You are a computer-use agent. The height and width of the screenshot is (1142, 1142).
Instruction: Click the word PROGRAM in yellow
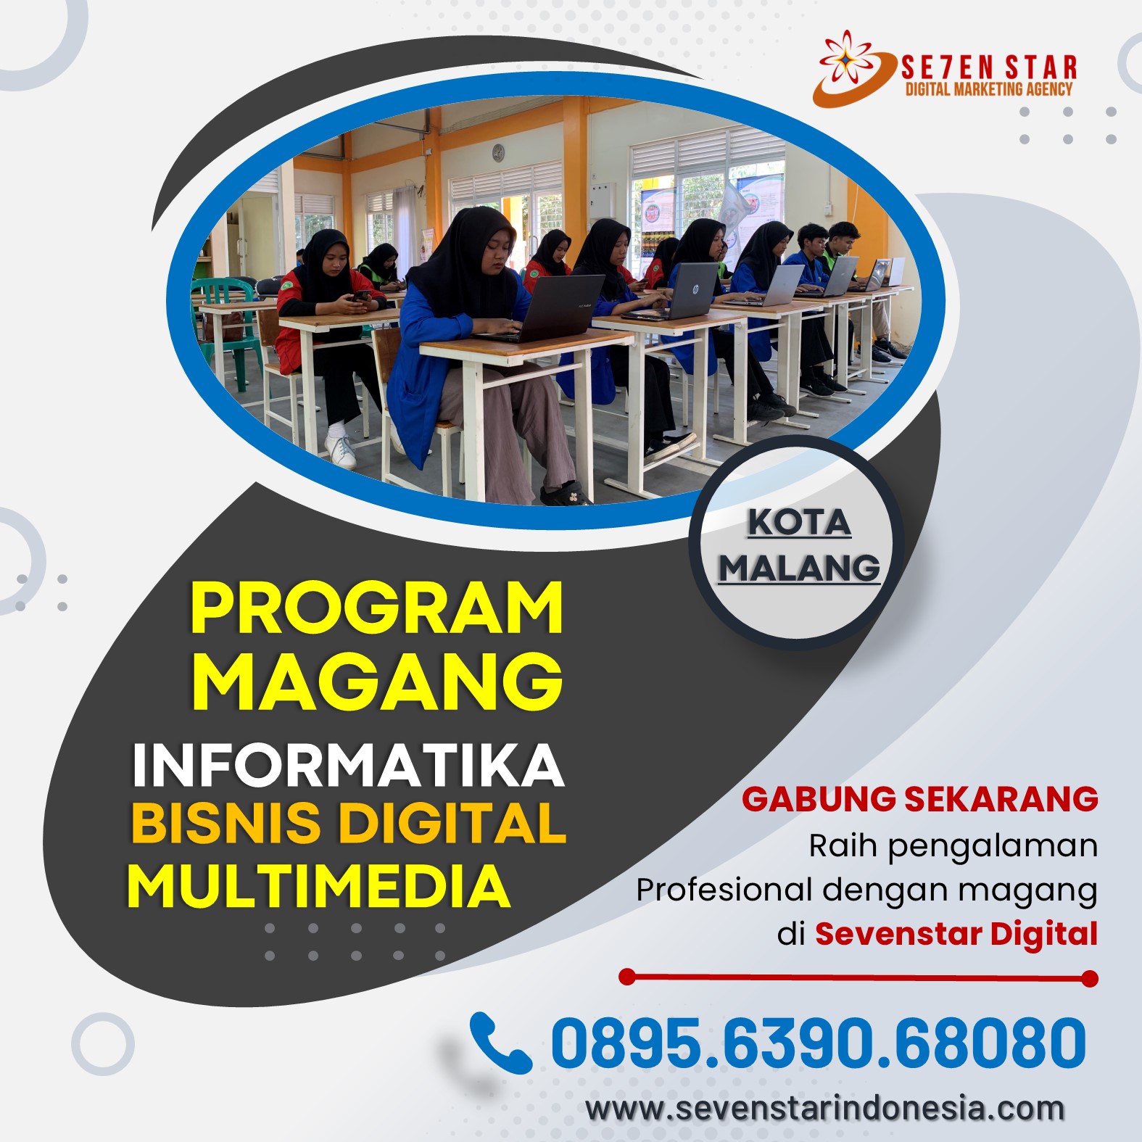377,608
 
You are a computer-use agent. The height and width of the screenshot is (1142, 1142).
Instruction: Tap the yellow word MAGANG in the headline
377,681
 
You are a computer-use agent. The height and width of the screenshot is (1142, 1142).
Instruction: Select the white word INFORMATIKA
348,765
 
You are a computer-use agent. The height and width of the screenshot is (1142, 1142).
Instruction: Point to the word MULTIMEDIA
319,886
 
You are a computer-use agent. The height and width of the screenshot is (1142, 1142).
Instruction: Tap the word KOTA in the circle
799,522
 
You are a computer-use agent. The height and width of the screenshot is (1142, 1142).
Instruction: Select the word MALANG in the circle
799,567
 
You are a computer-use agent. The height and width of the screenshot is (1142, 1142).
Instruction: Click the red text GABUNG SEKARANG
920,799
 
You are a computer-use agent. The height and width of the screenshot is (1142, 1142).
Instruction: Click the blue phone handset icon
498,1043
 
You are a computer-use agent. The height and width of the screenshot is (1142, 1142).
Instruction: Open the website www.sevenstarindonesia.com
825,1109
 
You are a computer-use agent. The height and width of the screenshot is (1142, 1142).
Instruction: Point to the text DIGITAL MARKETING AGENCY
989,89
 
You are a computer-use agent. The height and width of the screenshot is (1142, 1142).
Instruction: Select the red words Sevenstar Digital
956,934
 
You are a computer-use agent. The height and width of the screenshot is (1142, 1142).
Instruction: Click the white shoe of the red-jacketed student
340,450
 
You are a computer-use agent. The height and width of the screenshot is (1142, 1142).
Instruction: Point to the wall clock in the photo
498,153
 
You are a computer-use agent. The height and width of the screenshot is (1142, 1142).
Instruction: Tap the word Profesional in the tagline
724,890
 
